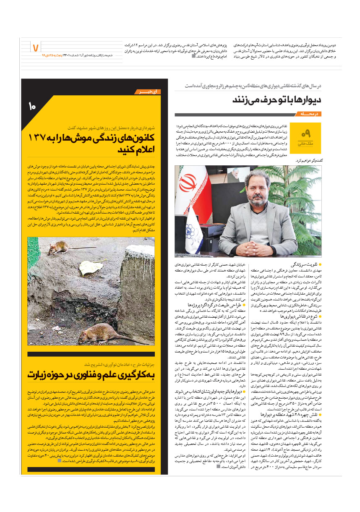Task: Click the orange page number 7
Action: pyautogui.click(x=35, y=47)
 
